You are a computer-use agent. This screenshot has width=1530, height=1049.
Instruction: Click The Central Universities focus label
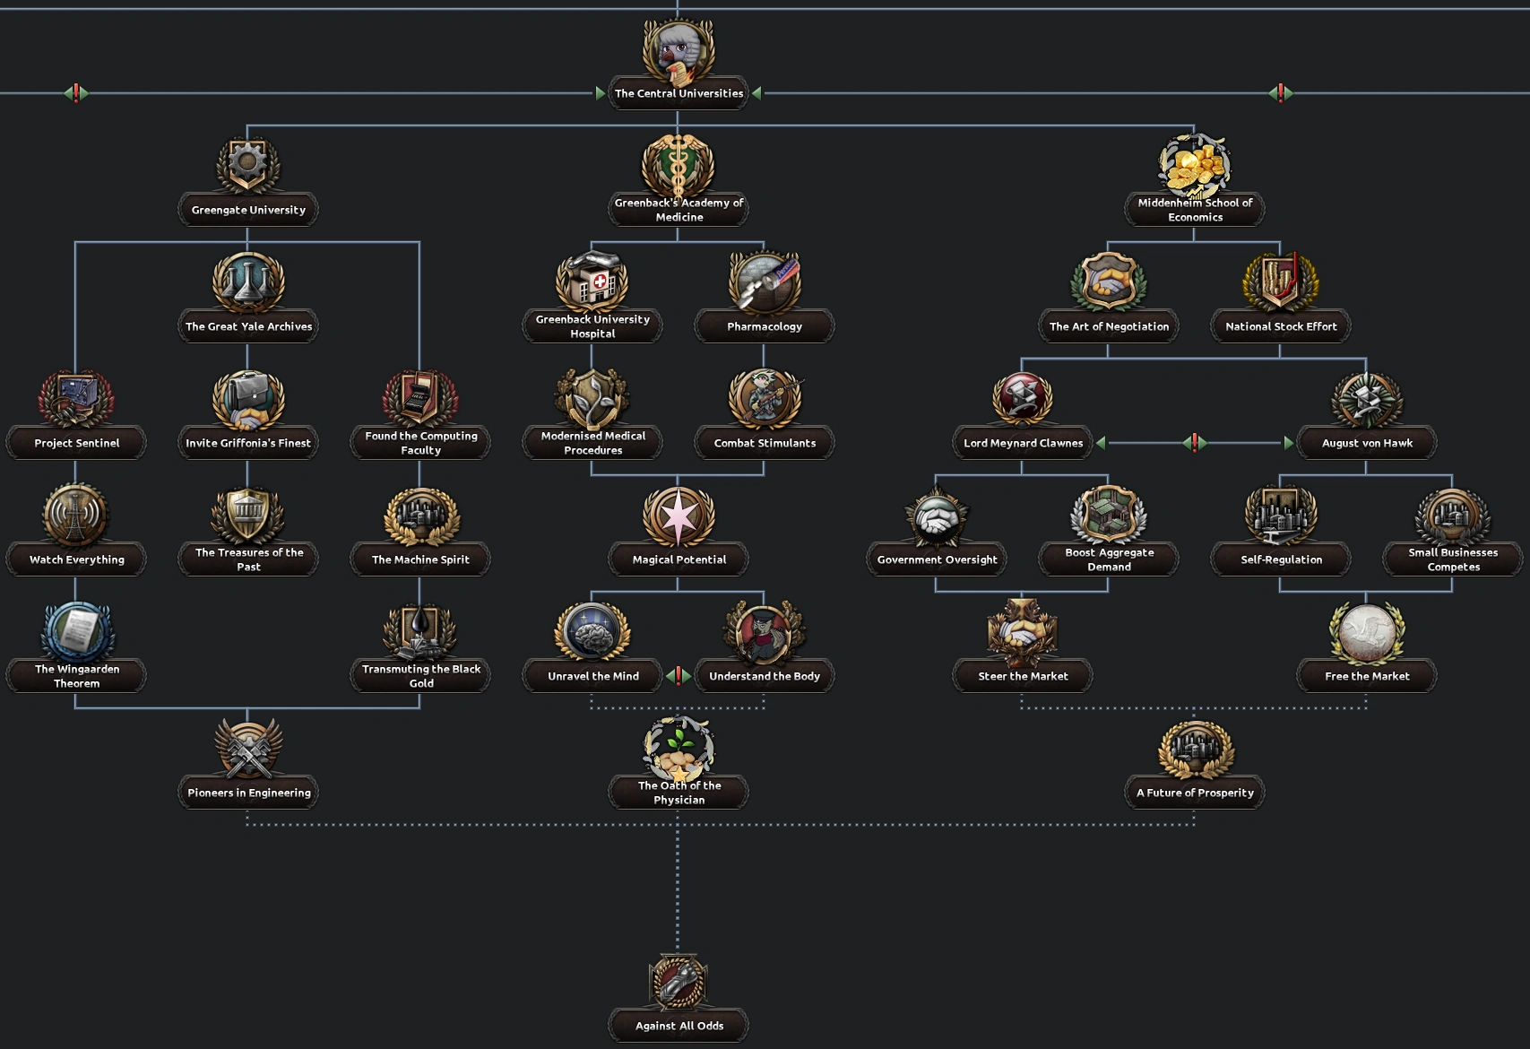[679, 93]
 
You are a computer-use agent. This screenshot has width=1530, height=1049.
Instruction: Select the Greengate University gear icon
[248, 164]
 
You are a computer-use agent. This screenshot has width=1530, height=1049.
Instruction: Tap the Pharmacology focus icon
[765, 282]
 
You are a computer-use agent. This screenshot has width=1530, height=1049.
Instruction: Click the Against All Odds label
[679, 1026]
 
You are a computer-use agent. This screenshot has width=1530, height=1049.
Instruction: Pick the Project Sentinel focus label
[76, 443]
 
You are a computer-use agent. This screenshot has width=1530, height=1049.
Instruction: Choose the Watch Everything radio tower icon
[76, 515]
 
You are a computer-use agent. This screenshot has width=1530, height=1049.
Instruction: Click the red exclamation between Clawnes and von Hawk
[1194, 442]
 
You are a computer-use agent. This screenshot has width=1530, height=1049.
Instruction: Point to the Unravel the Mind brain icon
[592, 631]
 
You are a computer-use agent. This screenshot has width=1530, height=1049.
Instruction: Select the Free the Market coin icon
[1367, 631]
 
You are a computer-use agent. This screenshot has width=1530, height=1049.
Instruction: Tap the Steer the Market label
[1023, 676]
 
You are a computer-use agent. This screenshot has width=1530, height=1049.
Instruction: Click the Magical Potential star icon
[679, 515]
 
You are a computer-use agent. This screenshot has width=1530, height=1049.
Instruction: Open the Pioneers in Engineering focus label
[248, 793]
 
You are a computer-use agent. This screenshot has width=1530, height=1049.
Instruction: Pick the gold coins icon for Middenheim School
[1195, 165]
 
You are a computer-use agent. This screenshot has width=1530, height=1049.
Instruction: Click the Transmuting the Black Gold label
[420, 676]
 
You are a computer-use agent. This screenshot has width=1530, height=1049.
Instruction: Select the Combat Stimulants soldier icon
[765, 398]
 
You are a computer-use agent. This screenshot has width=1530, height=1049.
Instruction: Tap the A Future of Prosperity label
[1195, 793]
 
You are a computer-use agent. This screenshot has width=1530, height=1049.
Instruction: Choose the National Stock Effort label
[1281, 326]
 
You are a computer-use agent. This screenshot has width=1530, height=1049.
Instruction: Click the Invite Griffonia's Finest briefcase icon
[248, 398]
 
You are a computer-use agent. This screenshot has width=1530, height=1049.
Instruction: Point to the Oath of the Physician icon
[679, 748]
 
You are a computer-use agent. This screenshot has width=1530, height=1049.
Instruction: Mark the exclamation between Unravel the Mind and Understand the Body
[679, 676]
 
